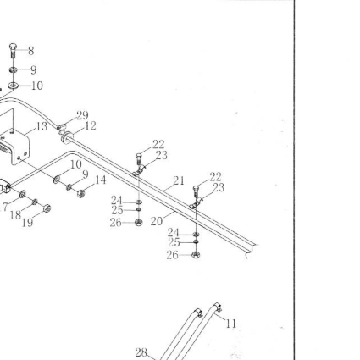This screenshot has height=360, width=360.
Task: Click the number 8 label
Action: pyautogui.click(x=31, y=51)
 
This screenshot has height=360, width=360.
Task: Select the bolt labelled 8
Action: pyautogui.click(x=13, y=51)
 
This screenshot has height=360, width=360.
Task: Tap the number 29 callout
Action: pyautogui.click(x=82, y=115)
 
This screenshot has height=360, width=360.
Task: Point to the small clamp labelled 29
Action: pyautogui.click(x=61, y=128)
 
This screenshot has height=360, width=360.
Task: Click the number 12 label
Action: pyautogui.click(x=91, y=126)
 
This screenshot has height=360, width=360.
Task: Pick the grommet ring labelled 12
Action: pyautogui.click(x=67, y=137)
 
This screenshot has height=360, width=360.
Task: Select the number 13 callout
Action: pyautogui.click(x=42, y=126)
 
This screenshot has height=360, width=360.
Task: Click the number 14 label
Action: pyautogui.click(x=100, y=180)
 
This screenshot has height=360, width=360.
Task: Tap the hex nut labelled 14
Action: pyautogui.click(x=81, y=193)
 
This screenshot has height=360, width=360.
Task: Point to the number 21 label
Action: pyautogui.click(x=179, y=181)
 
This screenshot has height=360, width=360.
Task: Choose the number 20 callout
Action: pyautogui.click(x=157, y=221)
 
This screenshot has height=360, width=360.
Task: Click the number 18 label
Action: pyautogui.click(x=15, y=215)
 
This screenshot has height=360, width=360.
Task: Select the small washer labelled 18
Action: pyautogui.click(x=35, y=202)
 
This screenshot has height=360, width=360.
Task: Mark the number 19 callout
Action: pyautogui.click(x=27, y=223)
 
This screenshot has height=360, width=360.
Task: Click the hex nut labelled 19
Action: pyautogui.click(x=47, y=208)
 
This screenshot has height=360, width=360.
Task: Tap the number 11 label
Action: pyautogui.click(x=231, y=324)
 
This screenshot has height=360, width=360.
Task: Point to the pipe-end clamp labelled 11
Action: pyautogui.click(x=217, y=307)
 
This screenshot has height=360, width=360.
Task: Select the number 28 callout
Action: pyautogui.click(x=141, y=352)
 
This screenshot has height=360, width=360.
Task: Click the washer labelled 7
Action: pyautogui.click(x=23, y=194)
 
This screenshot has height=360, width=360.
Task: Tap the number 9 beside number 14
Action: pyautogui.click(x=86, y=174)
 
